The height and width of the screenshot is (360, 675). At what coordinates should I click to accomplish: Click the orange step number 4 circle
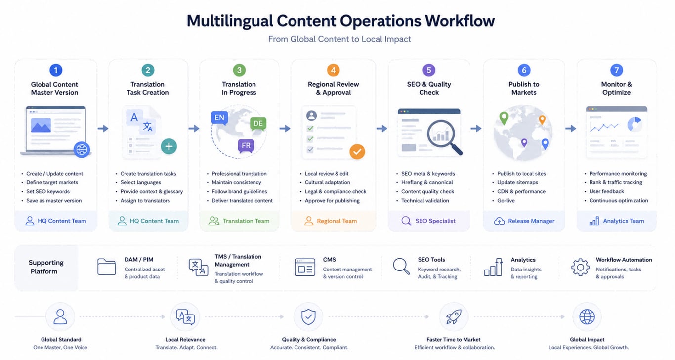333,70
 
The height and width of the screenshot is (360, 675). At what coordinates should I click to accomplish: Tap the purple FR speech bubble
246,146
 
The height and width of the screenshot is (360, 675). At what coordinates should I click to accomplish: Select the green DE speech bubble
258,123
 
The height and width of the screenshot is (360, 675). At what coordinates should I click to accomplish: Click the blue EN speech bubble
219,118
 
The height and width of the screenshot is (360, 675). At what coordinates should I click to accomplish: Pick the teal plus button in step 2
169,146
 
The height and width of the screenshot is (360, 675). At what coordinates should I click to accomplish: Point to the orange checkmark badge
357,152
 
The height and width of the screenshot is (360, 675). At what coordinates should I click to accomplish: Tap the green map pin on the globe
504,118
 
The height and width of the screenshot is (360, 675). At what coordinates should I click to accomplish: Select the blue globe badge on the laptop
82,149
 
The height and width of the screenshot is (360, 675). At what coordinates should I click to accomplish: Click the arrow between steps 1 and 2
103,129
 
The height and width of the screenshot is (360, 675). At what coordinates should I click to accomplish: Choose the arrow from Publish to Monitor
571,129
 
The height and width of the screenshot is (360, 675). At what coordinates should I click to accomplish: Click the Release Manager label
531,221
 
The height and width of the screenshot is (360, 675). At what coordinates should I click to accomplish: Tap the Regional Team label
337,221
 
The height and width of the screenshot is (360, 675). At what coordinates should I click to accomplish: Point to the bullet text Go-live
506,200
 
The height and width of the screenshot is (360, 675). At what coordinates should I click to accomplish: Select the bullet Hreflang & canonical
427,182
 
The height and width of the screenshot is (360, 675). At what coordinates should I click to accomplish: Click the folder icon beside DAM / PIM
107,267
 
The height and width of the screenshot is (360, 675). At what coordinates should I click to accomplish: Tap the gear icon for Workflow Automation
581,267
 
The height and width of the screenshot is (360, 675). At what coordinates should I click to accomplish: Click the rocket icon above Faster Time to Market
454,317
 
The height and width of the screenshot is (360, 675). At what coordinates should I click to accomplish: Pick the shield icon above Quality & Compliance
308,317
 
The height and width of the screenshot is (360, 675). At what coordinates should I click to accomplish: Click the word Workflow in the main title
460,21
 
